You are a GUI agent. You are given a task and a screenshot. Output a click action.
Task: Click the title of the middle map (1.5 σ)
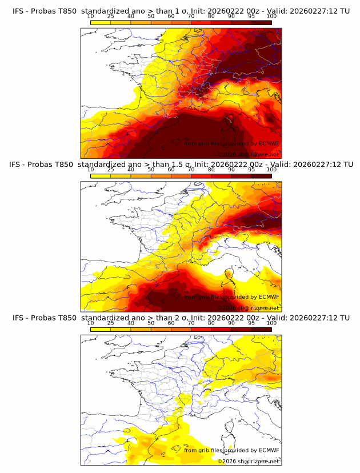click(181, 164)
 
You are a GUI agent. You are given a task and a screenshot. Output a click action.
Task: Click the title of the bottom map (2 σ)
click(181, 318)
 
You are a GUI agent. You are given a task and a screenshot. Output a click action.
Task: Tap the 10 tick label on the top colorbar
click(90, 17)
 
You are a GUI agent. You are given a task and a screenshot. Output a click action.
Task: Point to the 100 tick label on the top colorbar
click(271, 17)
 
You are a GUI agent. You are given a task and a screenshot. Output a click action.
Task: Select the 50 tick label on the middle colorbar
click(151, 170)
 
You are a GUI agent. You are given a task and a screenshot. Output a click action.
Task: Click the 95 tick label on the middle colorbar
click(251, 170)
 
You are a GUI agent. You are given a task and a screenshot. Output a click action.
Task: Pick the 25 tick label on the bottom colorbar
click(111, 323)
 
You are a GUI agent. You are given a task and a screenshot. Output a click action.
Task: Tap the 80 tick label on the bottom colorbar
click(211, 323)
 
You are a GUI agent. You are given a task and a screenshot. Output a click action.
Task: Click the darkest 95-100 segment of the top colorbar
click(261, 22)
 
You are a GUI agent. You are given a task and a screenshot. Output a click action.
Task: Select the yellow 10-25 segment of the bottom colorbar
click(101, 329)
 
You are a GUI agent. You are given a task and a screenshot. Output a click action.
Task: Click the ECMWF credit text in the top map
click(231, 143)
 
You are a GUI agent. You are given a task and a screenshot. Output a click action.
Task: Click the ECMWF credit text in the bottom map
click(231, 451)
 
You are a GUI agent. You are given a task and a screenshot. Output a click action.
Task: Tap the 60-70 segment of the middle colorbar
click(181, 175)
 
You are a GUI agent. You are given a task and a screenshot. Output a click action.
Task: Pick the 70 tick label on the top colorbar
click(191, 17)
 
